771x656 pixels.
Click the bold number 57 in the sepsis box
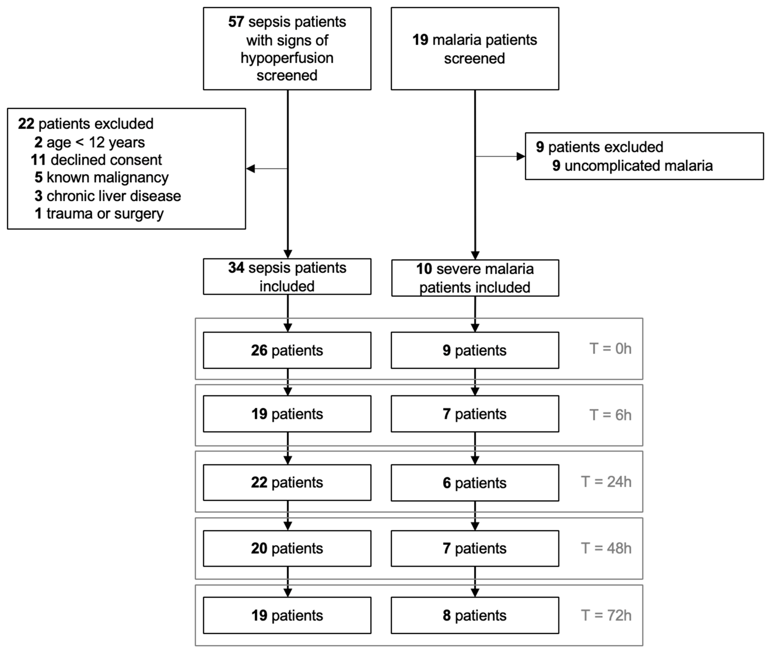pyautogui.click(x=236, y=22)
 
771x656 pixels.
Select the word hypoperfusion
pyautogui.click(x=287, y=58)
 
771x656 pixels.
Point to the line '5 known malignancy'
pyautogui.click(x=102, y=177)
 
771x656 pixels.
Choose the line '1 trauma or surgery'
pyautogui.click(x=99, y=213)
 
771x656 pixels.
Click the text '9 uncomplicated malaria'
pyautogui.click(x=632, y=165)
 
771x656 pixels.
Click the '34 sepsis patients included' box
pyautogui.click(x=287, y=277)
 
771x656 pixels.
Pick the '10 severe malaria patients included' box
pyautogui.click(x=475, y=278)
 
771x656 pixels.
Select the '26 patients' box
pyautogui.click(x=287, y=350)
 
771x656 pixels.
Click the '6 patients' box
pyautogui.click(x=475, y=483)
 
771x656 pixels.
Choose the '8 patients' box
pyautogui.click(x=475, y=615)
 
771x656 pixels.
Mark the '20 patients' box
pyautogui.click(x=287, y=549)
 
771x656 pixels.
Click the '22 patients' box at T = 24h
pyautogui.click(x=287, y=482)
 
